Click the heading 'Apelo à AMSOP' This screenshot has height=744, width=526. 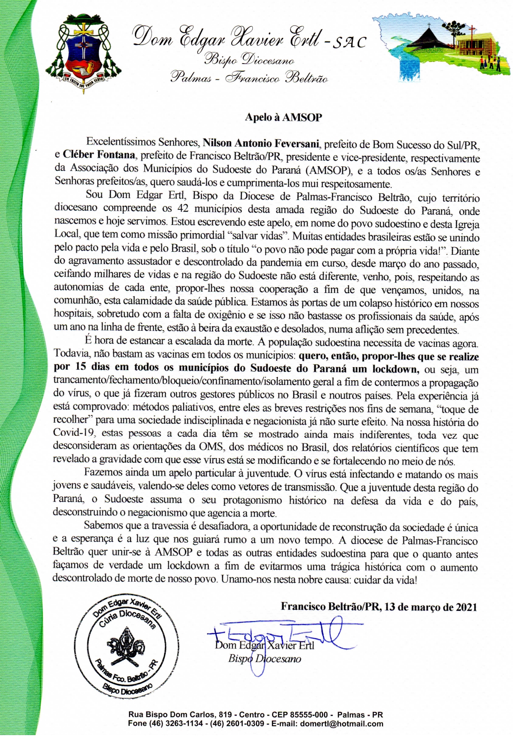pos(283,117)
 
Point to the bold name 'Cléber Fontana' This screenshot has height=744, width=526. pos(99,156)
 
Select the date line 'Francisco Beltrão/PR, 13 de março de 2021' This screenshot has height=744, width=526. pos(379,607)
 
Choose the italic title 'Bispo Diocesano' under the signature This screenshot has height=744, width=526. pos(265,659)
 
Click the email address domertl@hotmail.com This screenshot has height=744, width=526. pos(341,724)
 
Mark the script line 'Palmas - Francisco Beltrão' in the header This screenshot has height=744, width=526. pos(249,78)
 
